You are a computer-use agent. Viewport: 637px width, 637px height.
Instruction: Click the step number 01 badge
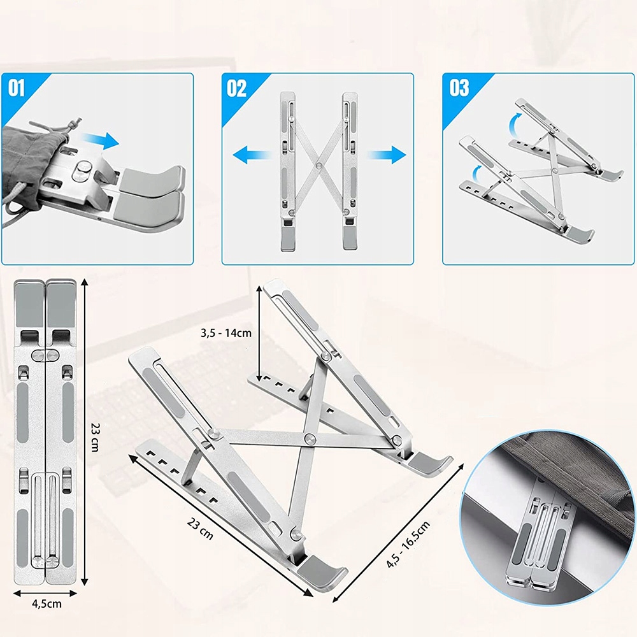17,88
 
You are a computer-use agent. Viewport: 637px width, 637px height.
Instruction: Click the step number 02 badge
236,88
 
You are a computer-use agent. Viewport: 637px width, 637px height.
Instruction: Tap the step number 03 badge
459,88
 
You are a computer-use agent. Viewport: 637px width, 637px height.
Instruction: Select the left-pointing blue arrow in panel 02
252,155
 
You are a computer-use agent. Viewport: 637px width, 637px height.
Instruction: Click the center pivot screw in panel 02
319,166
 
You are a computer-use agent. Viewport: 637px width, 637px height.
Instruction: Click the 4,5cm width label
47,604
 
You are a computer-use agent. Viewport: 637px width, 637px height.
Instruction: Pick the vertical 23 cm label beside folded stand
95,437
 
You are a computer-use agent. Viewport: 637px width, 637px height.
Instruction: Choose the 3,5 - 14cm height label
226,333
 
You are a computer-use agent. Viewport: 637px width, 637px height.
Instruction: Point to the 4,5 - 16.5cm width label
408,545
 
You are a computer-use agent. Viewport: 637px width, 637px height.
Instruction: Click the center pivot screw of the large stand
310,438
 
